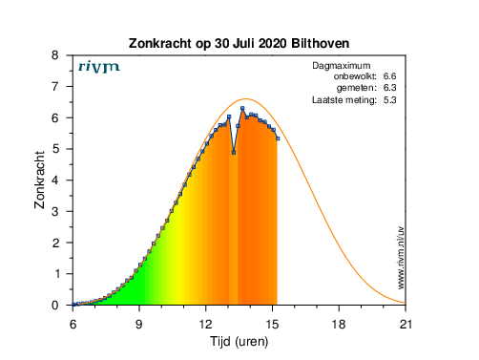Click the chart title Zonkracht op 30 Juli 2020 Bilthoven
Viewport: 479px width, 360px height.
click(x=239, y=43)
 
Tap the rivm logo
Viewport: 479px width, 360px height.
click(x=99, y=67)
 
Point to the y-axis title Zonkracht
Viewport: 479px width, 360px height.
click(x=39, y=180)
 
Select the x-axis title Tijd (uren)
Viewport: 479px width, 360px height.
click(x=239, y=342)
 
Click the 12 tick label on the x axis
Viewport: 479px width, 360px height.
click(x=206, y=325)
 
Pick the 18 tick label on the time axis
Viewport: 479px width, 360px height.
click(x=339, y=325)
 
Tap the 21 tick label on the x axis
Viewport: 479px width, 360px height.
click(x=406, y=325)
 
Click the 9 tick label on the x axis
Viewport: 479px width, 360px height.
click(x=139, y=325)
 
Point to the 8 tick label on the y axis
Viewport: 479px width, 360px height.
click(x=55, y=55)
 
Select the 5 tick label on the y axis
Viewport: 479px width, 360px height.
click(x=55, y=149)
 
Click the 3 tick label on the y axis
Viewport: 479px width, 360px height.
click(x=55, y=211)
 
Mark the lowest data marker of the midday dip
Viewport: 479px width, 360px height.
click(x=234, y=153)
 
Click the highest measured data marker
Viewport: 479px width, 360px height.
click(x=242, y=108)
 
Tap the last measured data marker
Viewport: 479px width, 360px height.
click(x=278, y=138)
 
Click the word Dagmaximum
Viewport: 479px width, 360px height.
click(x=342, y=66)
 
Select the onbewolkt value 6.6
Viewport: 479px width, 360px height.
click(x=389, y=76)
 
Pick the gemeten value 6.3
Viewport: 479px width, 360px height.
click(x=389, y=88)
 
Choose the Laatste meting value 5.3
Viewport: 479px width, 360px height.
click(x=389, y=100)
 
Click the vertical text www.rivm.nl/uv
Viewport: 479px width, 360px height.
click(x=401, y=258)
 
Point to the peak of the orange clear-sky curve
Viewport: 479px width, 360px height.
click(x=246, y=99)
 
